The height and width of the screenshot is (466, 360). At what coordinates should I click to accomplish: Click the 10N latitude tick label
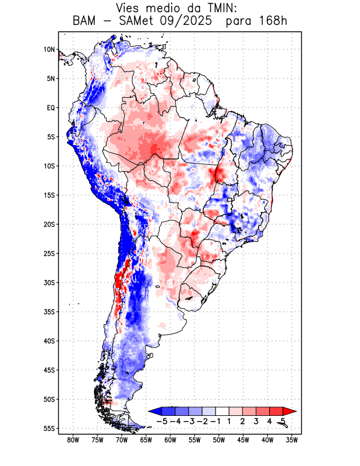[x=49, y=50]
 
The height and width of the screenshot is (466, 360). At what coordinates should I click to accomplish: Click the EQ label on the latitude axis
[x=51, y=108]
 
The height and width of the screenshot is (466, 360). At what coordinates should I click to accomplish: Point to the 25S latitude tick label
[x=49, y=253]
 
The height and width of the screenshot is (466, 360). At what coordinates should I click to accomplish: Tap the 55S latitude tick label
[x=49, y=428]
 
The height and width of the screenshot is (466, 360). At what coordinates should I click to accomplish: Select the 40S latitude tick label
[x=49, y=341]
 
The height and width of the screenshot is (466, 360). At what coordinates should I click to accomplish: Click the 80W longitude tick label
[x=73, y=440]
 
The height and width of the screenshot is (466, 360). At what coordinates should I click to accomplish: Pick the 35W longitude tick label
[x=292, y=440]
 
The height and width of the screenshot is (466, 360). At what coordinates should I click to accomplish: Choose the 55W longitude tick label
[x=195, y=440]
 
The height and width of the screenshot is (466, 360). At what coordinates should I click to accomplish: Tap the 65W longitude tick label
[x=146, y=440]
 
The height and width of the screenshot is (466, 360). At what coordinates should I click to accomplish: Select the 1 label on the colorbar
[x=231, y=421]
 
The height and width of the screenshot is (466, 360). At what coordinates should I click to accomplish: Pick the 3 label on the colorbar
[x=256, y=421]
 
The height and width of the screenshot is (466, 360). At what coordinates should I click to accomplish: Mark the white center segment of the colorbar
[x=224, y=411]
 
